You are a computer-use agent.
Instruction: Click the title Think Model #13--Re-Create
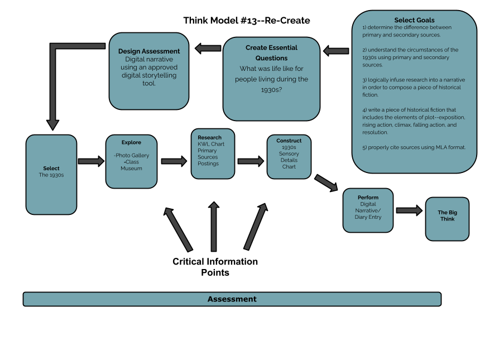[x=247, y=21]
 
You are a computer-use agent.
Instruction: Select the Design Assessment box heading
[x=149, y=51]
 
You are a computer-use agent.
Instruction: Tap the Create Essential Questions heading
[x=271, y=52]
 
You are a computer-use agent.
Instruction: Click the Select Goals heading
[x=414, y=20]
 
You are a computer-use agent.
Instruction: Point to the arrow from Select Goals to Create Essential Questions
[x=336, y=51]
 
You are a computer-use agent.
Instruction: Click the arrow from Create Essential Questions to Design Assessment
[x=208, y=49]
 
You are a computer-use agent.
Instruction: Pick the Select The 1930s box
[x=51, y=175]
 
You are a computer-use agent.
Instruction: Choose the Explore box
[x=131, y=161]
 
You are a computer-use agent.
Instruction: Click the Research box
[x=213, y=153]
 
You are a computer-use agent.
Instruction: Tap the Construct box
[x=289, y=157]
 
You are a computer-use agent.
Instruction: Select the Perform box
[x=368, y=210]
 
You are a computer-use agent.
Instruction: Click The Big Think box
[x=447, y=219]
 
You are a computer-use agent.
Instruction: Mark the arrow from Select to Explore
[x=91, y=161]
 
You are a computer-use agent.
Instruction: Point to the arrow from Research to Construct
[x=251, y=161]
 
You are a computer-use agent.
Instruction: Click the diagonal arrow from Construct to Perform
[x=326, y=183]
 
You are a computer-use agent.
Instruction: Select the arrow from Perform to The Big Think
[x=409, y=210]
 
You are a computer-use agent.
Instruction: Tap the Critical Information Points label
[x=215, y=267]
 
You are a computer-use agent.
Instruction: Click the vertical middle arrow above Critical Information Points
[x=214, y=227]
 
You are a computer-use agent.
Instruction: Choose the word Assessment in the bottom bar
[x=232, y=299]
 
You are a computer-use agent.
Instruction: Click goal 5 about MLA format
[x=414, y=147]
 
